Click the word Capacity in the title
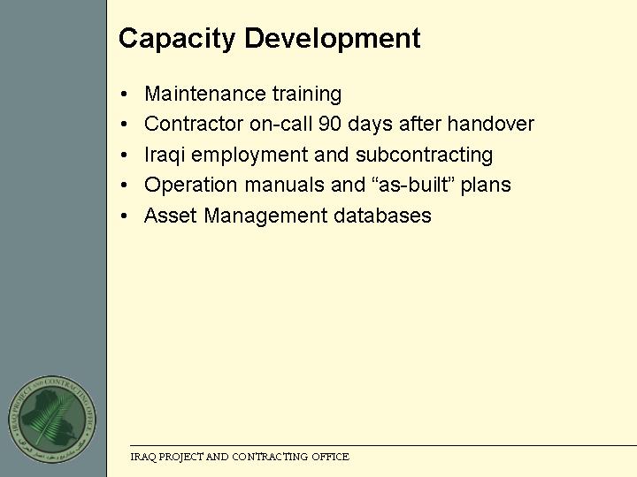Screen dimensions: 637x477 177,39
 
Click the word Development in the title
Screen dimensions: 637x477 333,38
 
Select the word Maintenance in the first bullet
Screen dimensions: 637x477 205,94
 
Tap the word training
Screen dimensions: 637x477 307,95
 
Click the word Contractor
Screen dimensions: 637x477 194,124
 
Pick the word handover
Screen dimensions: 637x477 490,124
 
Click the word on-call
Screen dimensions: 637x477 280,124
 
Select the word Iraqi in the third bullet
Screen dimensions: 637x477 165,155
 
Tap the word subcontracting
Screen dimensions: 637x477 424,155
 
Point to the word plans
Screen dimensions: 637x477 486,185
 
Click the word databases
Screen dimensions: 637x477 382,216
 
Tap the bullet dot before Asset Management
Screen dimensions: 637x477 124,216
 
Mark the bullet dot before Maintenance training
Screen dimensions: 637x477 124,95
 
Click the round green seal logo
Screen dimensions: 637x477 52,419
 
